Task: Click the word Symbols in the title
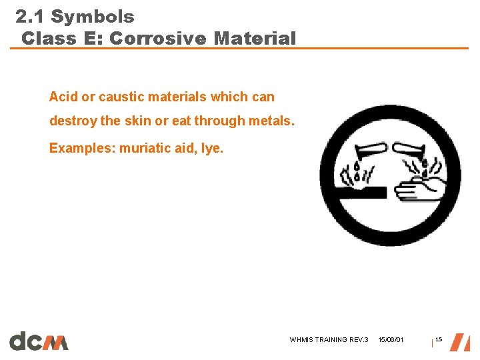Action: (x=93, y=17)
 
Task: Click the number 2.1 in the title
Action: (x=31, y=17)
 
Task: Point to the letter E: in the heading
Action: (x=93, y=39)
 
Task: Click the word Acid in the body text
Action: (x=63, y=97)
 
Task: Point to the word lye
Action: (x=212, y=147)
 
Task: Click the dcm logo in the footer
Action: (x=39, y=341)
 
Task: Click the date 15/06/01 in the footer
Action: (x=391, y=340)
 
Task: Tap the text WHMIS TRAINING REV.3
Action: (x=329, y=340)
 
